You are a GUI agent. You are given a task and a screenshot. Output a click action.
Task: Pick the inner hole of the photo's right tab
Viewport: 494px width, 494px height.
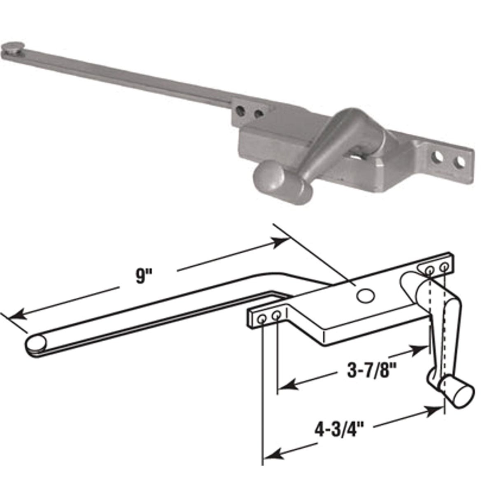[439, 158]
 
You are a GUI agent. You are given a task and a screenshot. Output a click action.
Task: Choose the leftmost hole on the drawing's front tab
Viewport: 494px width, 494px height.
[262, 319]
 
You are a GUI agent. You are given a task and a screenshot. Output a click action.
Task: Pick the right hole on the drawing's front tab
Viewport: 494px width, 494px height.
[277, 316]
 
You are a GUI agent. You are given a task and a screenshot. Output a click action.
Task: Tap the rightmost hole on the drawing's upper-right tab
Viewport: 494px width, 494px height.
[444, 268]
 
